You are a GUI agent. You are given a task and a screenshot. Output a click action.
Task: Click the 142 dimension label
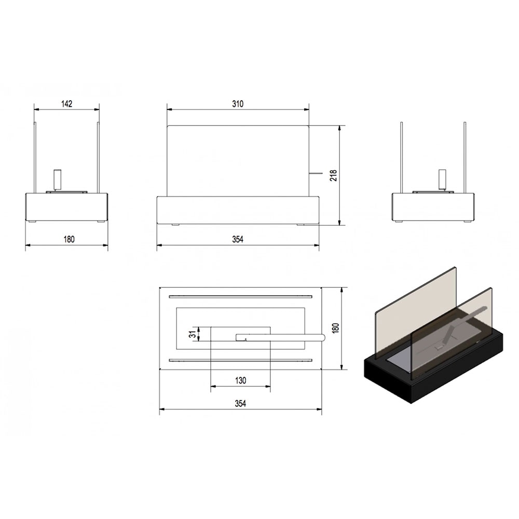coord(66,104)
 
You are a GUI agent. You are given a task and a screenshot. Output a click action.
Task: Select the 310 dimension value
coord(238,104)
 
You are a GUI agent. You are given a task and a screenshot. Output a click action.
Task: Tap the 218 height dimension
coord(334,175)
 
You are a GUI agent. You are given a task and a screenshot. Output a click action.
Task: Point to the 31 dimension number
coord(193,334)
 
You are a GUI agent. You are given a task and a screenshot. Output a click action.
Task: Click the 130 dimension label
coord(241,380)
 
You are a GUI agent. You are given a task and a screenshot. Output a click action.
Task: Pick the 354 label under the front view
coord(238,239)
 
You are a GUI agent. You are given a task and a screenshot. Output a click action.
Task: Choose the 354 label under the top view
coord(241,403)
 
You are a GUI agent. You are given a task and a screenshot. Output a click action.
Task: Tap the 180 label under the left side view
coord(69,239)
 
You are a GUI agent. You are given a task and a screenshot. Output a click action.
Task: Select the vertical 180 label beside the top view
coord(336,328)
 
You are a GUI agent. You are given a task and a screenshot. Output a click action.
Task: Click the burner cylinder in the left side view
coord(58,180)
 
